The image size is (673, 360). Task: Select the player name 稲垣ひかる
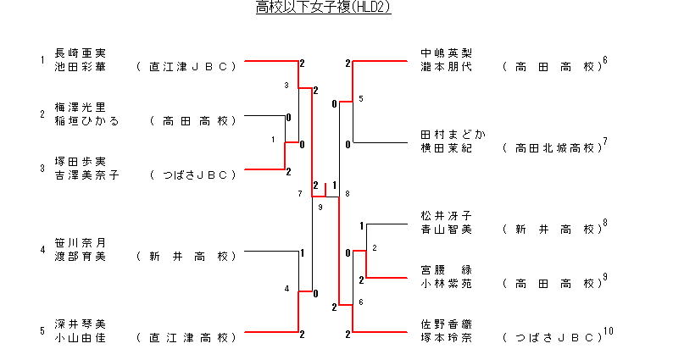(86, 120)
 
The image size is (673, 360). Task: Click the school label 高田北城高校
(551, 147)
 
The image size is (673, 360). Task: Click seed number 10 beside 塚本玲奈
(608, 331)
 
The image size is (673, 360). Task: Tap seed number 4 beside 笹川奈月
(42, 250)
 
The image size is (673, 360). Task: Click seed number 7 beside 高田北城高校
(605, 141)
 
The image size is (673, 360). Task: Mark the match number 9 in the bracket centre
(320, 207)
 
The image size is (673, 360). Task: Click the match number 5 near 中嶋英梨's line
(360, 99)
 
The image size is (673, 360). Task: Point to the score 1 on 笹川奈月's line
(303, 252)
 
